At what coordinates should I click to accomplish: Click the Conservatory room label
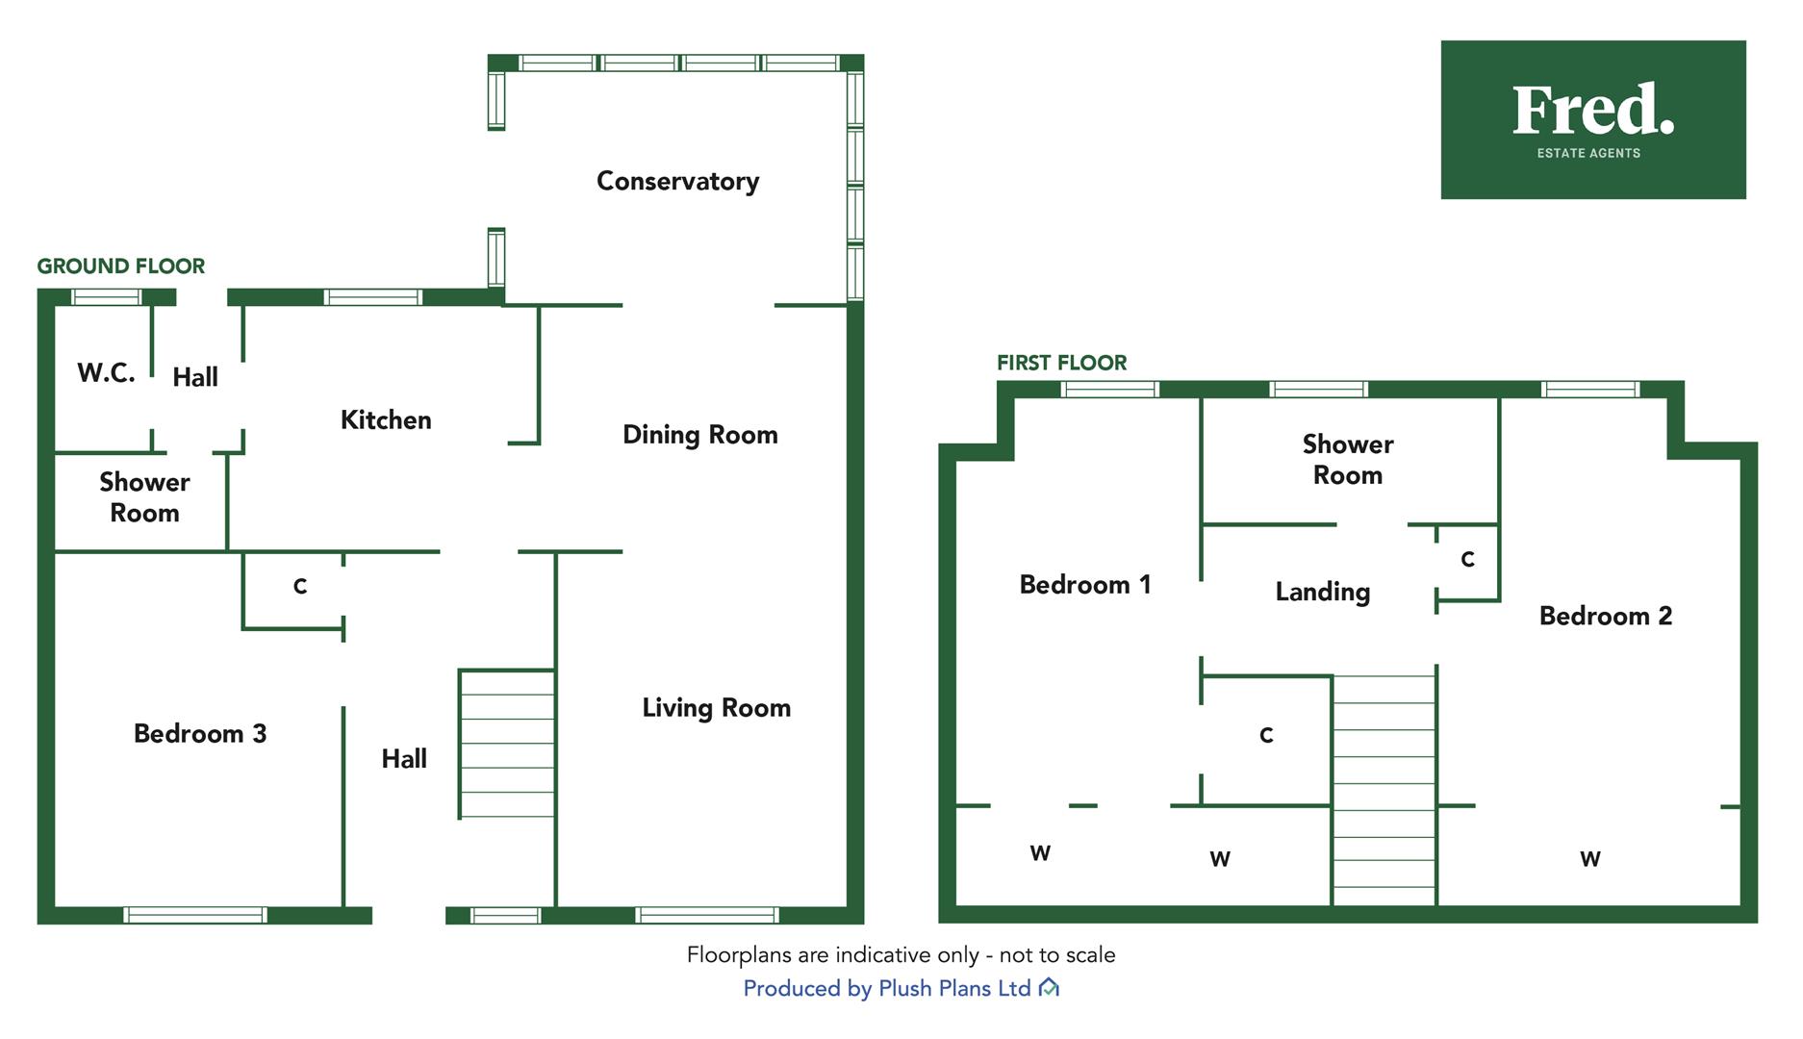pos(677,181)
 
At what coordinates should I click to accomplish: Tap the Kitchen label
pos(386,419)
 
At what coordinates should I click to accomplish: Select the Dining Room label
pos(699,435)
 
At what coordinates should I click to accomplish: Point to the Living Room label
pos(716,708)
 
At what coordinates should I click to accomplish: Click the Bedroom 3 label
pos(200,733)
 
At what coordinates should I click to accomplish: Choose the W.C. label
pos(106,372)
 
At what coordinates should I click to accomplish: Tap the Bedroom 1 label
pos(1084,584)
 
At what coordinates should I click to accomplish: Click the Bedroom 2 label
pos(1606,616)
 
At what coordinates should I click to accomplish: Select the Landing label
pos(1323,592)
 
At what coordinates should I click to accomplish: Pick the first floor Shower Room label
pos(1347,459)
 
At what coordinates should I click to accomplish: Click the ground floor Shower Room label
pos(144,496)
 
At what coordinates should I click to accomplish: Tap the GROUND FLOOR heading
pos(121,266)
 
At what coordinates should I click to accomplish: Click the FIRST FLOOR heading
pos(1061,363)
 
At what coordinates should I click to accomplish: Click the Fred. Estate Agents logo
pos(1593,119)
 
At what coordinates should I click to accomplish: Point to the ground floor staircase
pos(507,744)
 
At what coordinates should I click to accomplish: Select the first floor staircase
pos(1384,790)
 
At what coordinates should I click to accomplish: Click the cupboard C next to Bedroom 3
pos(300,586)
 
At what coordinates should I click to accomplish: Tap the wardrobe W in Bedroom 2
pos(1590,859)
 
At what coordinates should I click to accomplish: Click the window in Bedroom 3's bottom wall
pos(195,915)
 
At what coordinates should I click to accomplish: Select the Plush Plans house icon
pos(1050,988)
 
